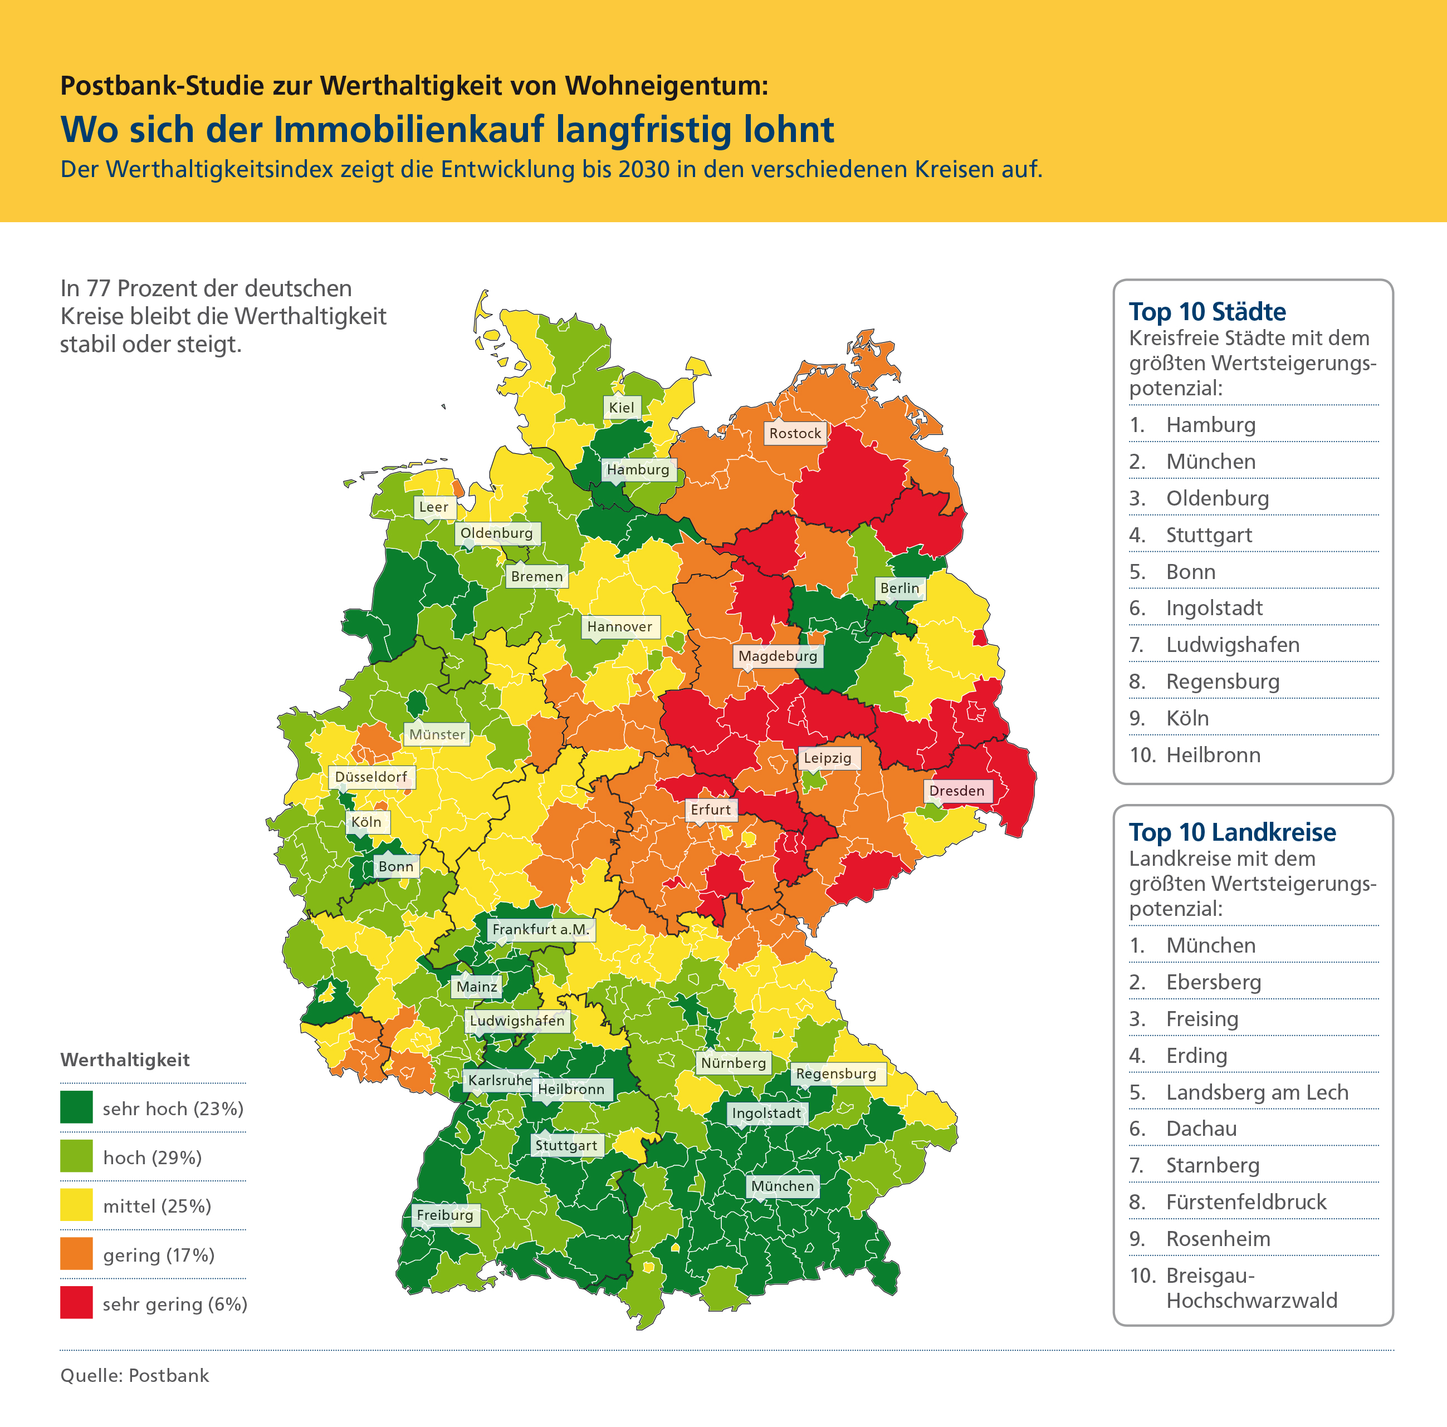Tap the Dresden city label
tap(956, 791)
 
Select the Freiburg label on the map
tap(445, 1214)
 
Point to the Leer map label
tap(434, 507)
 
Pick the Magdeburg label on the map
tap(778, 656)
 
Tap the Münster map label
tap(437, 734)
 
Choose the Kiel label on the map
tap(621, 408)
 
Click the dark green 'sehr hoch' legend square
tap(76, 1107)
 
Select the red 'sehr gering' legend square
tap(76, 1303)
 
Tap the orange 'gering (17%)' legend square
tap(76, 1254)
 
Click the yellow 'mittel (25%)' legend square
tap(76, 1205)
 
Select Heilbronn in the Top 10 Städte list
tap(1213, 754)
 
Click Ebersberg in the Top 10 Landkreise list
tap(1213, 982)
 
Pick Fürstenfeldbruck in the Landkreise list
tap(1246, 1202)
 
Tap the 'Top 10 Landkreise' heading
tap(1232, 832)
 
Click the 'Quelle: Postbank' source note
tap(135, 1375)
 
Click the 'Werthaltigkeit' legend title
tap(125, 1060)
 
